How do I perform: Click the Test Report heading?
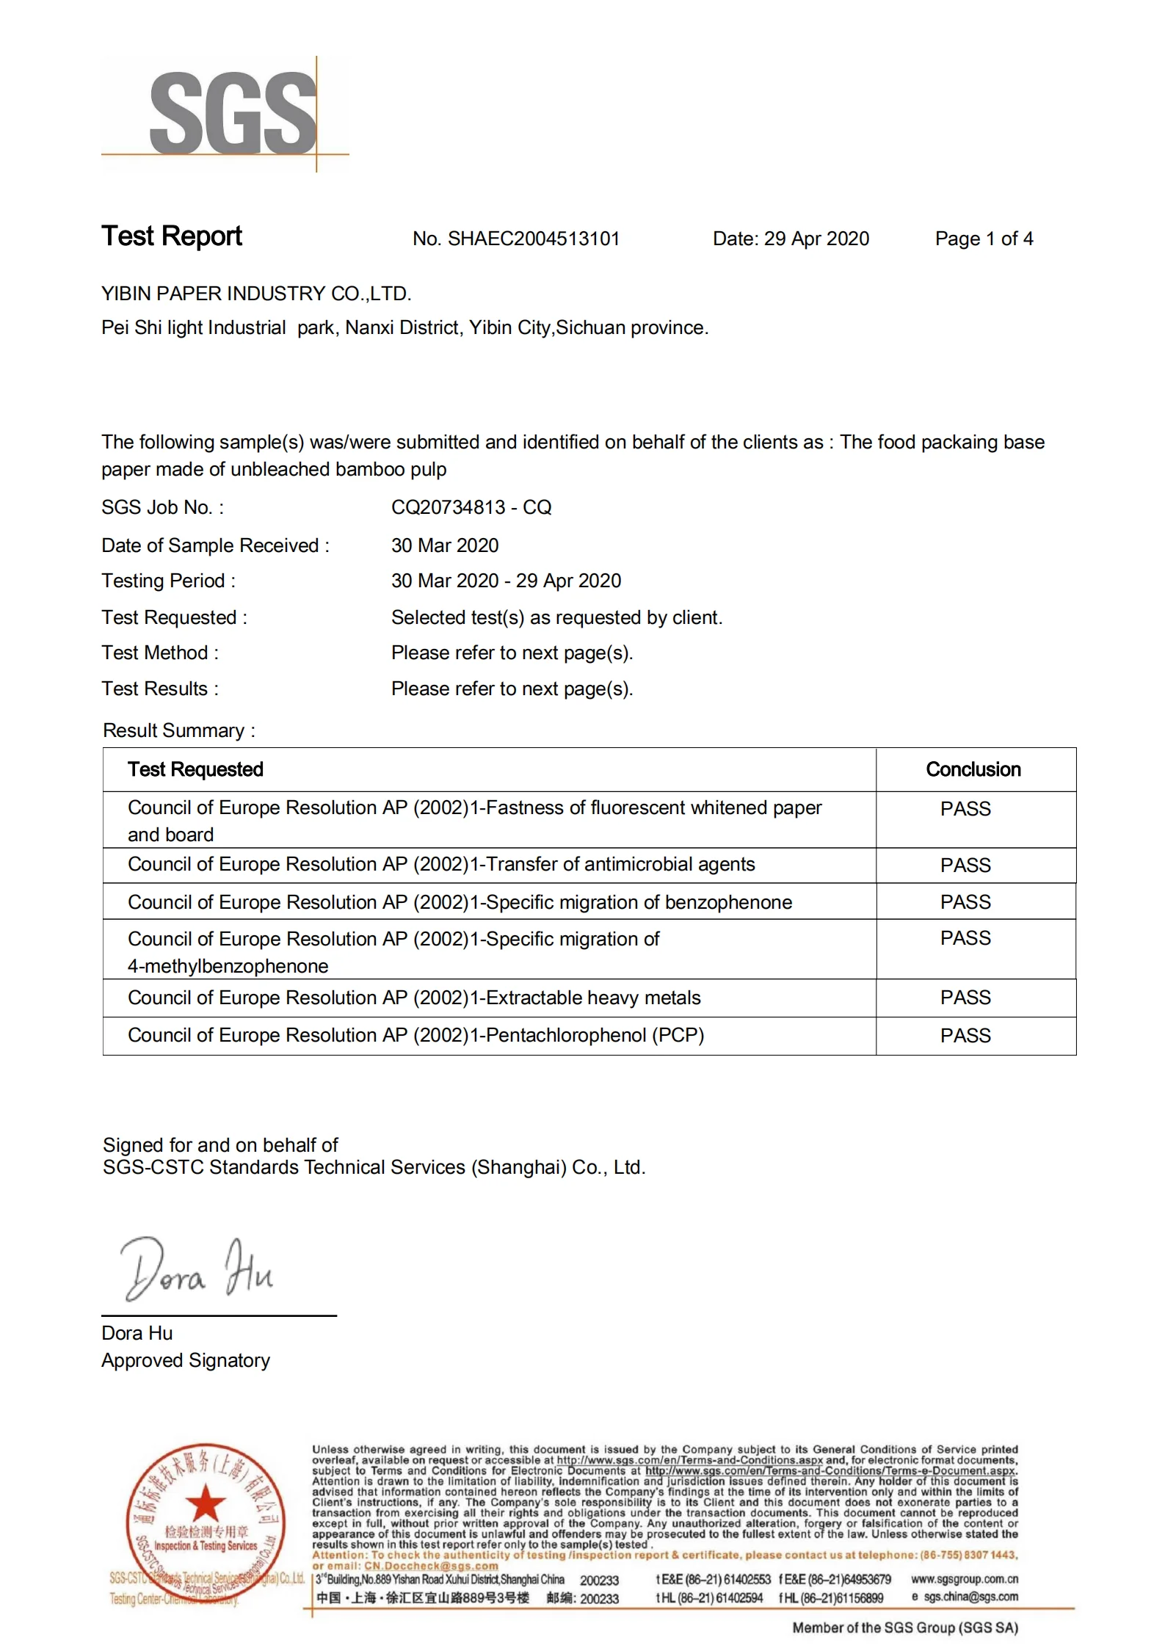click(x=172, y=236)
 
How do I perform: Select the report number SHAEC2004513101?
click(x=534, y=239)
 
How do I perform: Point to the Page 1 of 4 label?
click(x=984, y=239)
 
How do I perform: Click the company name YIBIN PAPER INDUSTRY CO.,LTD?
click(x=256, y=294)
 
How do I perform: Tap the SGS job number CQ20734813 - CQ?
click(x=471, y=508)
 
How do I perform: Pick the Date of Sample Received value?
click(x=445, y=546)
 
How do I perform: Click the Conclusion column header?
click(x=973, y=770)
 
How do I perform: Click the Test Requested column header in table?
click(x=195, y=770)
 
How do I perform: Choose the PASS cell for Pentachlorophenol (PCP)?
click(x=965, y=1037)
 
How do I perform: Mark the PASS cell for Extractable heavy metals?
click(x=965, y=998)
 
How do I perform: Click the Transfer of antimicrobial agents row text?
click(x=441, y=865)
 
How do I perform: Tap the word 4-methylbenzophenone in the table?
click(x=228, y=967)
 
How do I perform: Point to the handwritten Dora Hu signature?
click(x=197, y=1270)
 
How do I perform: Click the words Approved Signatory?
click(x=186, y=1361)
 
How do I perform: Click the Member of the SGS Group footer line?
click(x=904, y=1628)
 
